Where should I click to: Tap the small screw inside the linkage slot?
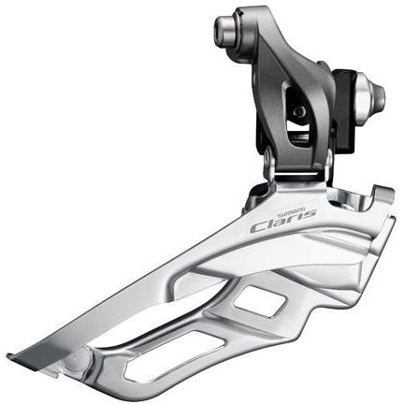click(x=298, y=113)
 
